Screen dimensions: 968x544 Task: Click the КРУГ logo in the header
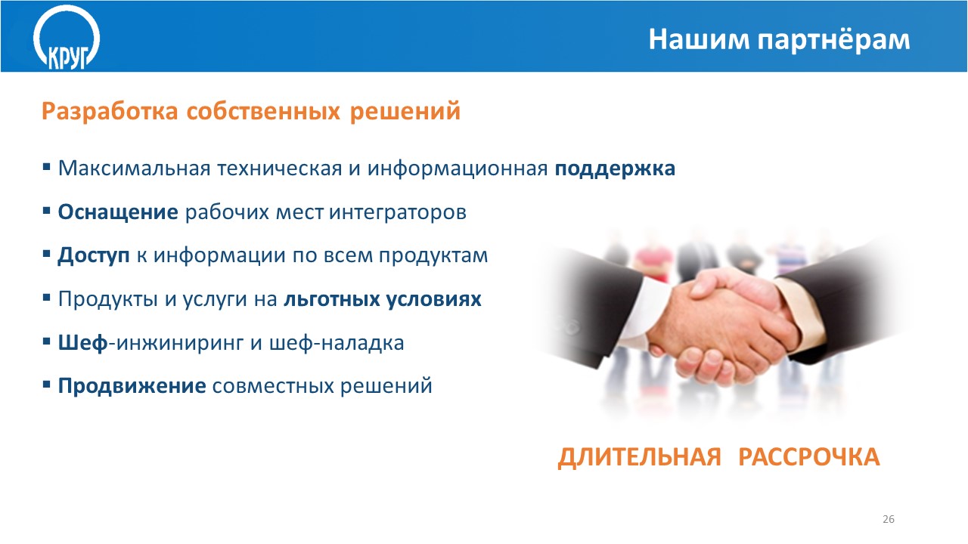(x=67, y=38)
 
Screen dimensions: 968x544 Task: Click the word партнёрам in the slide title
(x=833, y=41)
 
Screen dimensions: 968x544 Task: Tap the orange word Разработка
(x=110, y=111)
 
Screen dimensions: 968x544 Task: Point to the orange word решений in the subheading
(x=405, y=111)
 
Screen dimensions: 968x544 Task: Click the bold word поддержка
(x=615, y=168)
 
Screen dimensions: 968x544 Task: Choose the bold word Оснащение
(x=118, y=212)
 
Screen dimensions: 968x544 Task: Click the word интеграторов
(x=398, y=212)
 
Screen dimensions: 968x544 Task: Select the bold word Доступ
(x=93, y=255)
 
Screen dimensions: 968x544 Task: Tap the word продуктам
(x=433, y=256)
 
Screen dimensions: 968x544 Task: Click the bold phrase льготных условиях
(x=383, y=299)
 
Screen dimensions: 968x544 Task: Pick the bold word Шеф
(x=82, y=343)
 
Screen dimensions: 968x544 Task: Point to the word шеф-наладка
(x=337, y=343)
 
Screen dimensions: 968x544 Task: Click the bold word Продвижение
(x=132, y=386)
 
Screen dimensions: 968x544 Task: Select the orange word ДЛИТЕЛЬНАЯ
(x=639, y=458)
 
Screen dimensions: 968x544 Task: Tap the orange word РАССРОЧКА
(x=809, y=457)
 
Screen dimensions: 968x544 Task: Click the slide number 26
(x=889, y=519)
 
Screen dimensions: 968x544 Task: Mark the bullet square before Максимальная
(x=47, y=167)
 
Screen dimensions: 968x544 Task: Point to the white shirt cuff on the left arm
(x=640, y=311)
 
